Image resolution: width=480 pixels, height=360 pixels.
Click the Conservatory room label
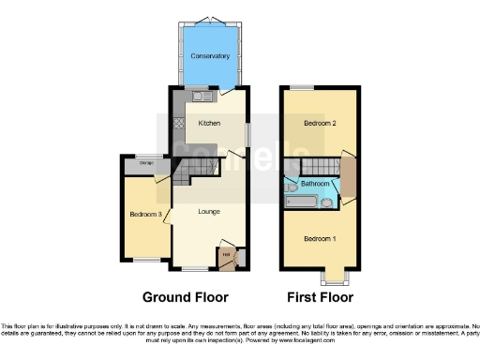(209, 56)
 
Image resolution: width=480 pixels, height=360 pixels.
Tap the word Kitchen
(208, 123)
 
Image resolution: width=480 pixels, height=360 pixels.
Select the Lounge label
(209, 212)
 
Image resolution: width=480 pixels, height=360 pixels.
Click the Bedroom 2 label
(320, 123)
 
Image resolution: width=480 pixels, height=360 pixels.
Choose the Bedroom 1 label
(319, 238)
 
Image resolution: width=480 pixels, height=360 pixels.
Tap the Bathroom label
(315, 185)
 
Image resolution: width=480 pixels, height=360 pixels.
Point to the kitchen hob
(175, 123)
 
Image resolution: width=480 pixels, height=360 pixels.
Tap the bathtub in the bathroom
(304, 201)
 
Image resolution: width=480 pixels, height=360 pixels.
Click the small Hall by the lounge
(227, 254)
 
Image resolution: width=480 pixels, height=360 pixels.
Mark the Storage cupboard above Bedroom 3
(145, 166)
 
